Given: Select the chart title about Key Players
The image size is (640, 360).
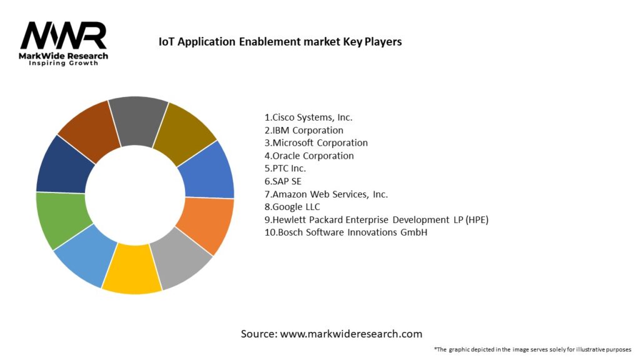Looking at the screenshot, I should [x=280, y=42].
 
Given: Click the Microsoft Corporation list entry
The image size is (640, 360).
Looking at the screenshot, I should [x=316, y=142].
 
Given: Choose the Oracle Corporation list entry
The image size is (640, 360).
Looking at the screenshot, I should [x=309, y=156].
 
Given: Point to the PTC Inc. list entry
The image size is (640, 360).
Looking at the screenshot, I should [x=286, y=168].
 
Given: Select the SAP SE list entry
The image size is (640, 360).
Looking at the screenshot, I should [x=283, y=181].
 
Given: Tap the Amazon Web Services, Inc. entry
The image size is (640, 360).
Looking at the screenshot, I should [x=326, y=194].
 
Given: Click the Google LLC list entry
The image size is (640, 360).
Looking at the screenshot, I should [x=292, y=207].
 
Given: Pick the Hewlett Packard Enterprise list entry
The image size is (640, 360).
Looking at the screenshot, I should [x=376, y=219].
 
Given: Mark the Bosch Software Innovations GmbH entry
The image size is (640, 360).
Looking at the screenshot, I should [x=346, y=232].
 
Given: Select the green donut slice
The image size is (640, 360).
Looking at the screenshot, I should [x=60, y=219].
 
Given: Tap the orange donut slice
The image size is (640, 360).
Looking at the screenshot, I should [x=206, y=225].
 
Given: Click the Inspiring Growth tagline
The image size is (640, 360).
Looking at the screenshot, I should [x=64, y=63].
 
